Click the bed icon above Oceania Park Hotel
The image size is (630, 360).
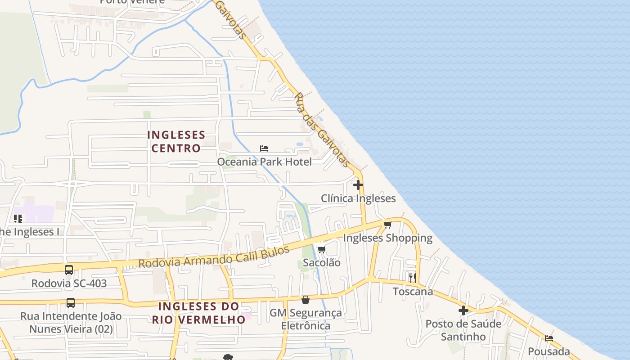point(264,148)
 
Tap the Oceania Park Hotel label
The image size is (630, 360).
point(264,162)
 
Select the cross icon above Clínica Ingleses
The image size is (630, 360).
point(358,185)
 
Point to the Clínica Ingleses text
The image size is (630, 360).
point(358,198)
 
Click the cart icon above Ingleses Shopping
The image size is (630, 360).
point(387,225)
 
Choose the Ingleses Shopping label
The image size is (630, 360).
point(387,238)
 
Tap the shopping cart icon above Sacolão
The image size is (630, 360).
point(321,249)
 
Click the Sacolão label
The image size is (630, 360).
point(321,262)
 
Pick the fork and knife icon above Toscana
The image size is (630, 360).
point(413,278)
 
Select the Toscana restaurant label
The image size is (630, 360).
point(413,292)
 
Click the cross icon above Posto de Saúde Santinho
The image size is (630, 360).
point(463,310)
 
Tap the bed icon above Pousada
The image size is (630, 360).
point(549,338)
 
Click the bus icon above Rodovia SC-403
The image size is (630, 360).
point(69,270)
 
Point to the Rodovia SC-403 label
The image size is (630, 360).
point(69,283)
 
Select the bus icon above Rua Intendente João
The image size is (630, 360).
point(71,303)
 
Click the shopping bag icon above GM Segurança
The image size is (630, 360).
point(306,300)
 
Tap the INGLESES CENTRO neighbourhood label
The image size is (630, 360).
point(176,141)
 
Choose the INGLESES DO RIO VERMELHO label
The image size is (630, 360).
point(198,313)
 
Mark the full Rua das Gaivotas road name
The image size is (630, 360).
point(321,130)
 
